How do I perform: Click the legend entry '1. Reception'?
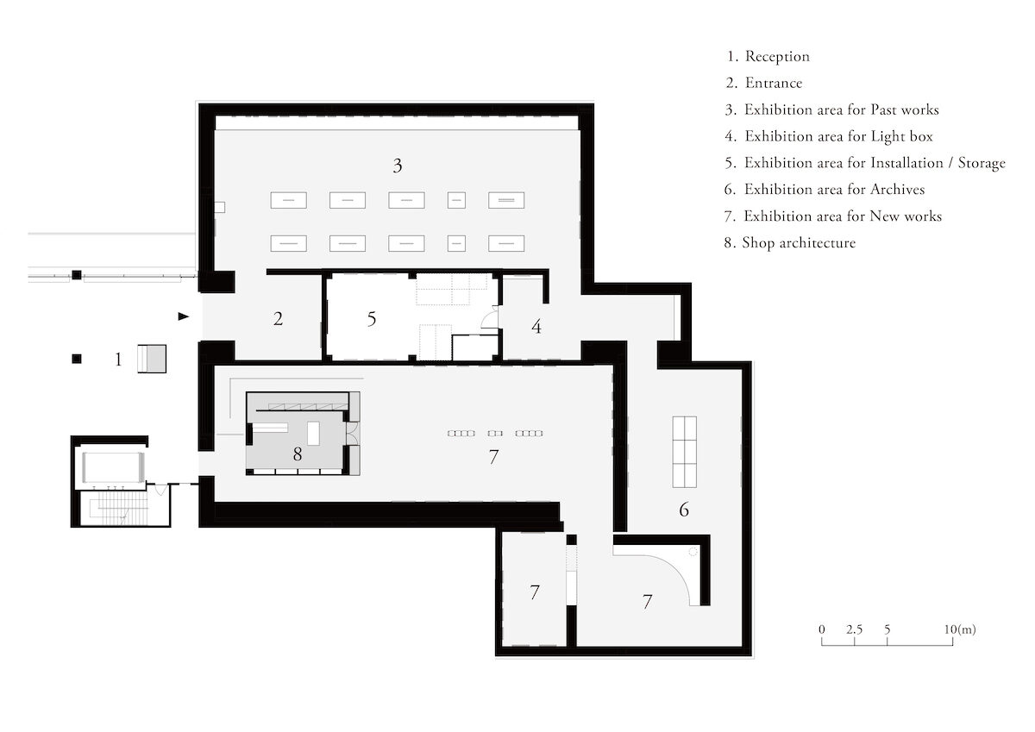768,57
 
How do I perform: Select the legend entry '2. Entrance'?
764,84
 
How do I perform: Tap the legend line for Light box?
829,136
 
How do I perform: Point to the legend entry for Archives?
825,189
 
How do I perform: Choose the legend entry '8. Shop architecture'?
790,243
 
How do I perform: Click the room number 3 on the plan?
397,166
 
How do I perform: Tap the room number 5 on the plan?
372,319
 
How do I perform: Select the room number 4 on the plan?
536,328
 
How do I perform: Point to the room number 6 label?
684,510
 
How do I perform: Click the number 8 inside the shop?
298,454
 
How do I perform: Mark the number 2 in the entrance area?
278,319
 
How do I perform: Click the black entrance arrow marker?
183,316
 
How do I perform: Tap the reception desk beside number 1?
151,358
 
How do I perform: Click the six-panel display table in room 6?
684,451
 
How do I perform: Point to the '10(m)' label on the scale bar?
960,629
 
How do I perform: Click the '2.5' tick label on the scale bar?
854,629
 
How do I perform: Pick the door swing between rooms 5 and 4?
490,320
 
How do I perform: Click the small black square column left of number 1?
77,358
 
